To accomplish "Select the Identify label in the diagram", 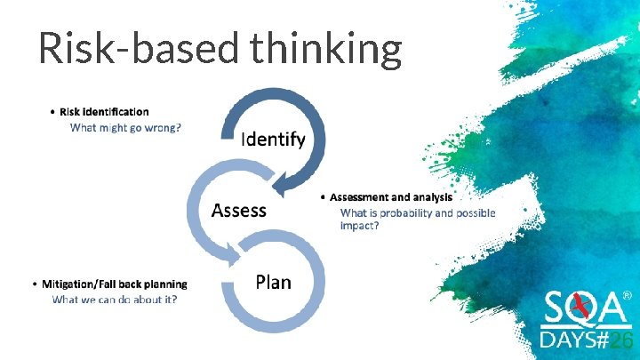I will [x=274, y=139].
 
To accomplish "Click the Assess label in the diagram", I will [x=238, y=210].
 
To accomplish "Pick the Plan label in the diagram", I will [x=273, y=282].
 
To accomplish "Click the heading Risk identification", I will [x=104, y=112].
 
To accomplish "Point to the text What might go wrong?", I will [x=125, y=127].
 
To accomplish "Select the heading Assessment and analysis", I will [x=391, y=196].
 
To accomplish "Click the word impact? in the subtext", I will [x=360, y=226].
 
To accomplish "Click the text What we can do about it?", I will [x=115, y=300].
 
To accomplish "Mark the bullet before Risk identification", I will [x=53, y=112].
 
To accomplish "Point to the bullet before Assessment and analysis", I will [x=323, y=196].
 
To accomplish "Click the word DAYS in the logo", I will [x=569, y=342].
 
